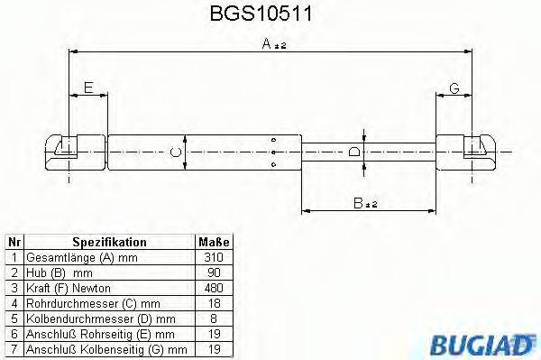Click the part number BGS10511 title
(x=269, y=15)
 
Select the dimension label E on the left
(x=87, y=87)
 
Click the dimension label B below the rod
(x=361, y=205)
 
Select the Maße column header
(x=213, y=243)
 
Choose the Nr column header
(x=14, y=243)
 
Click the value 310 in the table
(x=213, y=256)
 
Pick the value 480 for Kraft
(x=213, y=287)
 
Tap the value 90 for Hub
(x=213, y=272)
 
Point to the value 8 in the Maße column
(x=213, y=318)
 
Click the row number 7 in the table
(x=14, y=348)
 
